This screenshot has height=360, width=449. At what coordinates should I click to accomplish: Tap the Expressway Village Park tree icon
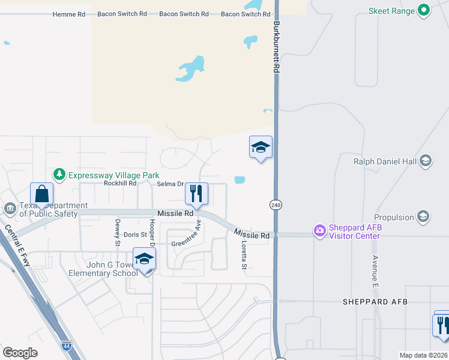(x=59, y=175)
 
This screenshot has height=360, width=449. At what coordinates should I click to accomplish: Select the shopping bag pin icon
(x=41, y=194)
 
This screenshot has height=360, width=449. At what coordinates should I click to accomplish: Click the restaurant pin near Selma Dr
(x=196, y=194)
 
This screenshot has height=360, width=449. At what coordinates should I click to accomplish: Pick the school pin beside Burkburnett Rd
(x=261, y=147)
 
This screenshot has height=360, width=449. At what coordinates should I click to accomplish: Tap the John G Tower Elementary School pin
(x=144, y=259)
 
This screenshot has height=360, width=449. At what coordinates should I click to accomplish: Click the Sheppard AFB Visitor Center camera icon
(x=319, y=230)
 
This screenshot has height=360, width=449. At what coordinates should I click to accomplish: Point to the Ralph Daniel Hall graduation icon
(x=426, y=160)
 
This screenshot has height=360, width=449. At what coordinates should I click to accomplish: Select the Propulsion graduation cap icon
(x=423, y=217)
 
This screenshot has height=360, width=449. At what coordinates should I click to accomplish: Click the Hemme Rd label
(x=69, y=14)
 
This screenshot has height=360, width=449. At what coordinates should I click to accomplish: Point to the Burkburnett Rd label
(x=277, y=48)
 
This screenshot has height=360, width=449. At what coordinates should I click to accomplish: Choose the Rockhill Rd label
(x=120, y=184)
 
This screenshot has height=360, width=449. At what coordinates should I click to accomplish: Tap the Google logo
(x=20, y=353)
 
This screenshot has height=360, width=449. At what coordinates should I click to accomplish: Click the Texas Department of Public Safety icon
(x=10, y=208)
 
